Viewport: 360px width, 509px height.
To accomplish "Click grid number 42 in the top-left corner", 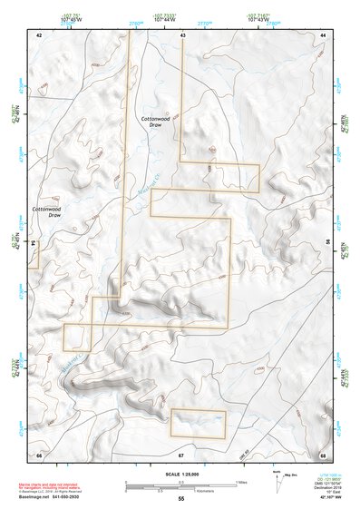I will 39,34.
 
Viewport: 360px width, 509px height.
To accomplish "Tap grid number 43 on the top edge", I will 183,34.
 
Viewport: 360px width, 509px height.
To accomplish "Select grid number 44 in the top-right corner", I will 323,34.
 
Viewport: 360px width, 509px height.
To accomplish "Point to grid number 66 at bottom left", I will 39,454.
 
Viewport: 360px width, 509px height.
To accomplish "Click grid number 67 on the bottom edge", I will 181,454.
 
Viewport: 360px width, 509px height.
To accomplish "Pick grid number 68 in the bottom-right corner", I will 323,454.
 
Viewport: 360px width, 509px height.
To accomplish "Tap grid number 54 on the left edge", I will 34,244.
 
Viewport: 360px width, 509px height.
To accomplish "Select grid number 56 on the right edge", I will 328,244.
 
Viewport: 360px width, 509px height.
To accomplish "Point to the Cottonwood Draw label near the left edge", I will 47,212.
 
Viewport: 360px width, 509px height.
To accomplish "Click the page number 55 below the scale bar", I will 180,500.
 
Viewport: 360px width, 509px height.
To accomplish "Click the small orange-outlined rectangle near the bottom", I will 198,424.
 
